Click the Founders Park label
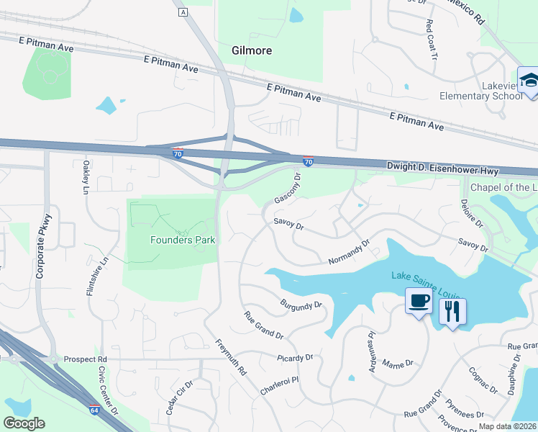tap(182, 240)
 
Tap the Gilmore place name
tap(252, 50)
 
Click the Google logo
tap(24, 423)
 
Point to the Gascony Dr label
tap(286, 188)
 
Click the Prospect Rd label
tap(85, 359)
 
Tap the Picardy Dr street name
tap(295, 357)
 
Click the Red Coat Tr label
tap(432, 34)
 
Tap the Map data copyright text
tap(507, 426)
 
